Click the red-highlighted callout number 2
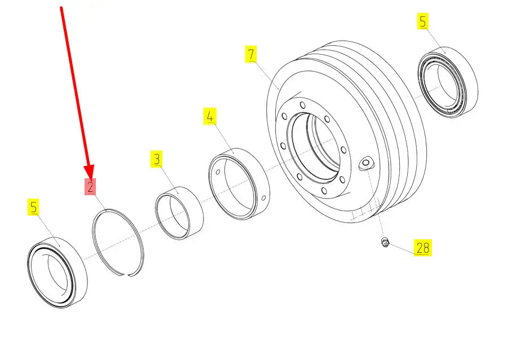point(90,187)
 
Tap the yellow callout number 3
point(157,159)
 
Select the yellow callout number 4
point(210,116)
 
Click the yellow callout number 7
point(251,54)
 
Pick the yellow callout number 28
point(423,248)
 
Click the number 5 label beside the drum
point(423,21)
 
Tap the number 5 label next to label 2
point(33,207)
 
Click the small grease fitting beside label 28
point(385,242)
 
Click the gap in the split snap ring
point(125,275)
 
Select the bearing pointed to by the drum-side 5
point(448,82)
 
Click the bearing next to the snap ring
point(57,273)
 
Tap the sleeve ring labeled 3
point(179,213)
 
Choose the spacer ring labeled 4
point(238,184)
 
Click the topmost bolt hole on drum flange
point(303,105)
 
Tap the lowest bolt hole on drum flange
point(324,191)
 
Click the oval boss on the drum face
point(366,164)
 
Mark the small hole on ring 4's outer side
point(264,198)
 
